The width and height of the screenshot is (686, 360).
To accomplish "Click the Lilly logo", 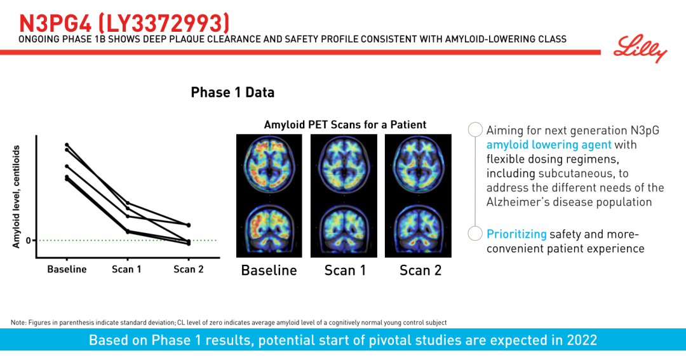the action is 640,48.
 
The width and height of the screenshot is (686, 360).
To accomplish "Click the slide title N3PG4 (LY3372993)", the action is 124,23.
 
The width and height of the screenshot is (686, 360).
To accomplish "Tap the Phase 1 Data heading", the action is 232,92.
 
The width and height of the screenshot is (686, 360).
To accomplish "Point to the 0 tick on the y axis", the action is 29,240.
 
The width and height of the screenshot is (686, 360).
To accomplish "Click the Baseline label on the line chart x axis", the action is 67,269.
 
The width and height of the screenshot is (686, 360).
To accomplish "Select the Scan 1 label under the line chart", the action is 126,269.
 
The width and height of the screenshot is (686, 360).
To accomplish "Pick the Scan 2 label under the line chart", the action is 189,269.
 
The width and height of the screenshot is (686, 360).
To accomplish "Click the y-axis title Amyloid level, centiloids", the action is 16,197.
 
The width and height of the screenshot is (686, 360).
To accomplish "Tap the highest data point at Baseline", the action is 67,145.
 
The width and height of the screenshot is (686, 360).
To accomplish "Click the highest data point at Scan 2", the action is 189,225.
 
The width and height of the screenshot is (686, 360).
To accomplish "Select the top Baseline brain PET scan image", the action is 269,165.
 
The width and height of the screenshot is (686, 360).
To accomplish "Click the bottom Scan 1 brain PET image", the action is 344,228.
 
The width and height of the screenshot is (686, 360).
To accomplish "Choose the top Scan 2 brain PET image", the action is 418,165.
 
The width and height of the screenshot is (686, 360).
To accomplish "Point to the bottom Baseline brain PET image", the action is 269,228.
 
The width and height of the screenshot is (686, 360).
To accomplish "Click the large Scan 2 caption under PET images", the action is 420,270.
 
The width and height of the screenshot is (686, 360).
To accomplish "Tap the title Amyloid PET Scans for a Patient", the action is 345,124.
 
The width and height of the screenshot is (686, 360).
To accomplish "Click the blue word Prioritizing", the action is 516,234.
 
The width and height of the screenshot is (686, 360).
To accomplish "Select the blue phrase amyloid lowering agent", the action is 549,145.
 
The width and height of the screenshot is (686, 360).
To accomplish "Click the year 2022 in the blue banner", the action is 580,340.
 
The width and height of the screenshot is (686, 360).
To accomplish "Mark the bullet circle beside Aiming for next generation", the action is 475,130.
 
